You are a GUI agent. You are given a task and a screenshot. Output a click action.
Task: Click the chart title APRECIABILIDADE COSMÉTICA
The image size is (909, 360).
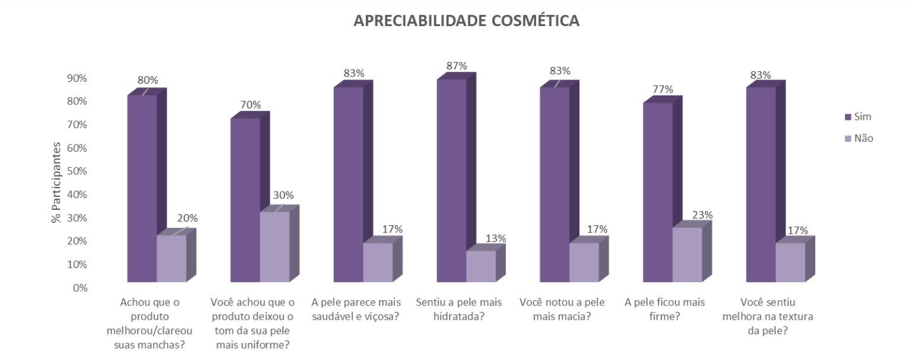[x=466, y=21]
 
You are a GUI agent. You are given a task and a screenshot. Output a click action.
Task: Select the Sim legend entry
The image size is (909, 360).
[x=863, y=116]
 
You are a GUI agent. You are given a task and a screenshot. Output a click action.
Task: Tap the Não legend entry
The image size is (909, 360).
[x=863, y=138]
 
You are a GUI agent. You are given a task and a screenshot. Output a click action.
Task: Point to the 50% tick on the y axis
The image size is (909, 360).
[x=76, y=171]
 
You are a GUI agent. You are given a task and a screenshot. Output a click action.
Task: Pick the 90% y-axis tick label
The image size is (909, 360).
[x=76, y=78]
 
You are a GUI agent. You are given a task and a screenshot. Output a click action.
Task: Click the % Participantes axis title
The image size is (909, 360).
[x=56, y=182]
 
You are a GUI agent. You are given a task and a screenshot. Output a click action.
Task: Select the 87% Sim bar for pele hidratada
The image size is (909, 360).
[x=451, y=181]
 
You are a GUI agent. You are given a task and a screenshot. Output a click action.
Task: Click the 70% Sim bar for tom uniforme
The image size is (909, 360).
[x=245, y=200]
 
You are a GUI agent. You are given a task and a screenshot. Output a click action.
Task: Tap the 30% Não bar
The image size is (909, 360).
[x=275, y=247]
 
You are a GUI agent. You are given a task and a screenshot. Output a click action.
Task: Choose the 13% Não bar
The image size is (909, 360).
[x=481, y=266]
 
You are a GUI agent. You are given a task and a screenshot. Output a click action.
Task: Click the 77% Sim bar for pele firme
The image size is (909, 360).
[x=658, y=193]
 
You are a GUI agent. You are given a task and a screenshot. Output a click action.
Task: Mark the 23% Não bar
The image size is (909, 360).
[x=687, y=255]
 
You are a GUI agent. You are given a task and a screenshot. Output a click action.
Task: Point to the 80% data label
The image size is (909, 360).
[x=147, y=80]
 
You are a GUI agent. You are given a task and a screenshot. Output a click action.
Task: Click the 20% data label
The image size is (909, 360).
[x=187, y=218]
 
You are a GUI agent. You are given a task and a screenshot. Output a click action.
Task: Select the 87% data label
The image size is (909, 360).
[x=457, y=65]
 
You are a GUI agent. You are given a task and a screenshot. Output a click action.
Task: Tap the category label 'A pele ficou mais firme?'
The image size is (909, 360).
[x=665, y=309]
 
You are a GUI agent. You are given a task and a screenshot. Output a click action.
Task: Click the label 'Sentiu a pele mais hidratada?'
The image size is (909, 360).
[x=458, y=309]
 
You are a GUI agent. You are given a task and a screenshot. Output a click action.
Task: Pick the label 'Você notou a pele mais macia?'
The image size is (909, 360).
[x=562, y=309]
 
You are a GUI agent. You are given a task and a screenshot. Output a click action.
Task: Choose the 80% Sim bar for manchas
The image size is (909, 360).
[x=142, y=189]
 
